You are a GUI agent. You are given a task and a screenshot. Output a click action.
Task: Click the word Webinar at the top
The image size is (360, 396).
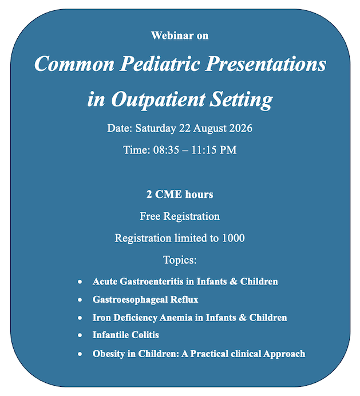pos(172,35)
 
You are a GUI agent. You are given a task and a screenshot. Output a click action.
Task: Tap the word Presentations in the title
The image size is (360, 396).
pos(266,64)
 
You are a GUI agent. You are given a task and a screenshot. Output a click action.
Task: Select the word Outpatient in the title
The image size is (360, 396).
pos(158,100)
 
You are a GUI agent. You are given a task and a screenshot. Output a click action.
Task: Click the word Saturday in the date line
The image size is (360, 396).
pos(155,128)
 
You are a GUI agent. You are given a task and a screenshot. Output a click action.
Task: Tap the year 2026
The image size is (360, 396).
pos(241,128)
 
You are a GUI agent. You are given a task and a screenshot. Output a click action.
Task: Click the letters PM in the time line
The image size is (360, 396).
pos(228,150)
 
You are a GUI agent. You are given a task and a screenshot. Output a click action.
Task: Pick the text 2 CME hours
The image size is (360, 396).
pos(180,194)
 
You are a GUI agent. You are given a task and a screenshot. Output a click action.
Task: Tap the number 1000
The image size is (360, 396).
pos(234,238)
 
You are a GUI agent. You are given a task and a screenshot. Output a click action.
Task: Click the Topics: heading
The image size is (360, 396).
pos(180,260)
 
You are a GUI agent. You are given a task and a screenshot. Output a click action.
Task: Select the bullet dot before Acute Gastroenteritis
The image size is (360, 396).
pos(80,282)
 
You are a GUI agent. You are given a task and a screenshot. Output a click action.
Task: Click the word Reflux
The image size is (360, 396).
pos(184,299)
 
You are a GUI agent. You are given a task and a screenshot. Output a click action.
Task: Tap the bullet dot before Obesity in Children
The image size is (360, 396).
pos(80,354)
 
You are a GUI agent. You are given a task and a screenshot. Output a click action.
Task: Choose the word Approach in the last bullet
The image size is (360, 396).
pos(284,354)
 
